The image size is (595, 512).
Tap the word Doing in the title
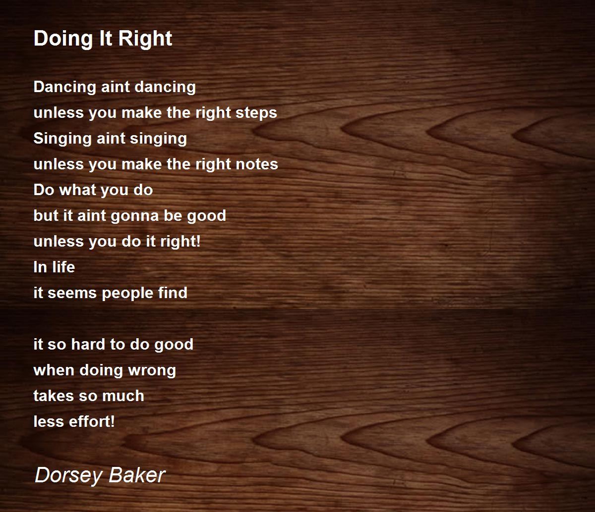click(x=64, y=39)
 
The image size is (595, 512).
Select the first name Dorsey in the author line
click(x=68, y=475)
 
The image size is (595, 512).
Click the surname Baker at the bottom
click(x=137, y=475)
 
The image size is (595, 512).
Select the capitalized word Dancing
click(x=64, y=87)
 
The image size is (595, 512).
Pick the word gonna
click(x=135, y=216)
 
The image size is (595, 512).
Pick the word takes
click(x=54, y=396)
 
